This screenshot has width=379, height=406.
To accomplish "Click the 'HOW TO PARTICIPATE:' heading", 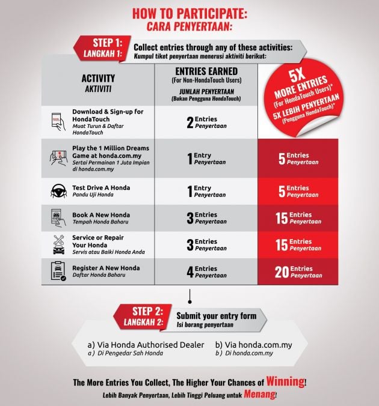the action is pos(189,13).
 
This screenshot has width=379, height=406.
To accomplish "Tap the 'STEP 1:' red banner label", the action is pos(108,43).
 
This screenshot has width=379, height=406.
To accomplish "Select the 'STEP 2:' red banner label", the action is pos(147,312).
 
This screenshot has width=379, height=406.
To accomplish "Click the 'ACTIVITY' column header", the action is pos(98,78).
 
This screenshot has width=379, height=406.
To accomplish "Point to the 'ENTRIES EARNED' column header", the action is pos(206,71).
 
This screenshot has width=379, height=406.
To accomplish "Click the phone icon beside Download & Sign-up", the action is pos(58,121).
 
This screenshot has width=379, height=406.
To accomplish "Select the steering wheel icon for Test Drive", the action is pos(58,191).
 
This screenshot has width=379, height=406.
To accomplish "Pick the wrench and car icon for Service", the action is pos(59,244).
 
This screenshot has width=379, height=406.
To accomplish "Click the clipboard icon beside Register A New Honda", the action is pos(58,271).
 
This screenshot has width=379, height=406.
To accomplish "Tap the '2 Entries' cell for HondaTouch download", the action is pos(207,122).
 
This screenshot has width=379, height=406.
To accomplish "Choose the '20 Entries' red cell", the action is pos(298,272).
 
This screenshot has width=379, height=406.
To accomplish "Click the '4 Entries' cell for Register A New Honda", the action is pos(207,272).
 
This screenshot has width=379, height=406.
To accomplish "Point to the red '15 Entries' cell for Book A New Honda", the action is pos(298,218).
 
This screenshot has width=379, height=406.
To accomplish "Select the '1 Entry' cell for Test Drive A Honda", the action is pos(206,192).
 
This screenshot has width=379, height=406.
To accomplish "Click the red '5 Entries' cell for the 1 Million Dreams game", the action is pos(298,159).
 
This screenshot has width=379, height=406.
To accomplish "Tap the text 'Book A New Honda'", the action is pos(101,215).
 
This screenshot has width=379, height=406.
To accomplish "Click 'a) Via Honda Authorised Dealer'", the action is pos(146,345).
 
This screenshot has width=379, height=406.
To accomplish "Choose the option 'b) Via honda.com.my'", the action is pos(254,345).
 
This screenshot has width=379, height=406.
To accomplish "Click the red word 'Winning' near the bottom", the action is pos(285,381).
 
